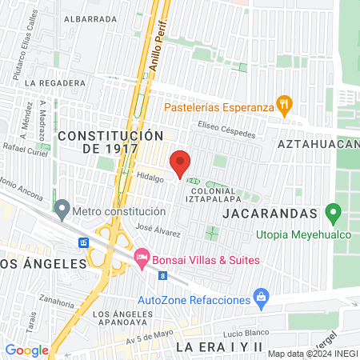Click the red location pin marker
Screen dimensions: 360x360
[181, 162]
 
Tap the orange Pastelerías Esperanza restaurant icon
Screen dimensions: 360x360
[284, 104]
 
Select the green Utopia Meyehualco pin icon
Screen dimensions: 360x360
[334, 214]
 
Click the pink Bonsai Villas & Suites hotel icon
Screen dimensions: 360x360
[142, 258]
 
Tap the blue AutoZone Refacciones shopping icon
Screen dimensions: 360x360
[260, 298]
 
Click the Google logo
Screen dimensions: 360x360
[27, 350]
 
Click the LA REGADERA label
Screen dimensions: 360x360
[54, 82]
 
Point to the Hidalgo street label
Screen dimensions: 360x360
[150, 179]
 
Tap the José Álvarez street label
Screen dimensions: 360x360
[158, 229]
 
